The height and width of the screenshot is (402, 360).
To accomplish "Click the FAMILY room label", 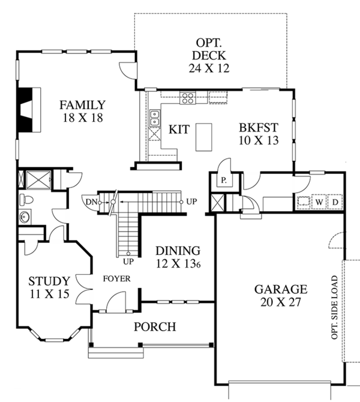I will pyautogui.click(x=82, y=111).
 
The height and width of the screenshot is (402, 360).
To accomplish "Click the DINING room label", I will pyautogui.click(x=178, y=257).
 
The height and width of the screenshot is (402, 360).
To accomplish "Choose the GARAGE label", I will pyautogui.click(x=280, y=295).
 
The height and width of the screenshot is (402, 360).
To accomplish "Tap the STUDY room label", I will pyautogui.click(x=49, y=287).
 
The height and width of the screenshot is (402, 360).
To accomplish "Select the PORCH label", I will pyautogui.click(x=155, y=327).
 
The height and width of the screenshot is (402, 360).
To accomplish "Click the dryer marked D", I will pyautogui.click(x=335, y=202).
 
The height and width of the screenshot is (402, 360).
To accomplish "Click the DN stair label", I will pyautogui.click(x=92, y=202).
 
